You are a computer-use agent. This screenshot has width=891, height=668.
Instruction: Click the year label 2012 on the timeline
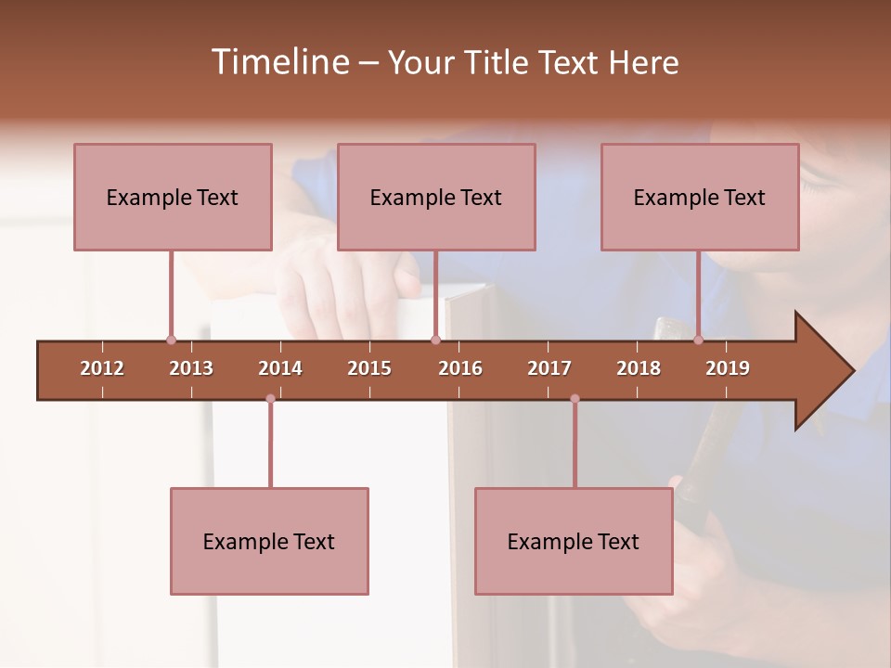(x=102, y=368)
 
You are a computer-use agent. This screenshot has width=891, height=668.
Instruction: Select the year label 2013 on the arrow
(x=191, y=368)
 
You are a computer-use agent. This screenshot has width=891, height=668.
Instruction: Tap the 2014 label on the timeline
(x=280, y=368)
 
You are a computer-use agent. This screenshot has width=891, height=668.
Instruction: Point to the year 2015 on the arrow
(x=369, y=368)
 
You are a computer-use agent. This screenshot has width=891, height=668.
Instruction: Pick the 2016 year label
(x=460, y=368)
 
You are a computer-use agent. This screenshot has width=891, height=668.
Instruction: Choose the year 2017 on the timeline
(x=549, y=368)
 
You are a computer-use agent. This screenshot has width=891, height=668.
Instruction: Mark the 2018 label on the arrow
(x=639, y=368)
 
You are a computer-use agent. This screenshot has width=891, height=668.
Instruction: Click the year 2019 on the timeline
(x=728, y=368)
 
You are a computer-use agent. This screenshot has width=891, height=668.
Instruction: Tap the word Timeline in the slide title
(x=278, y=62)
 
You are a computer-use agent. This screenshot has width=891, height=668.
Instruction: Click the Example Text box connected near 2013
(x=173, y=197)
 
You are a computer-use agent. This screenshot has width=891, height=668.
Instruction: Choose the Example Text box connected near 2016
(x=436, y=197)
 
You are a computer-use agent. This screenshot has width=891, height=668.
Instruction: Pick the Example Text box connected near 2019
(x=700, y=197)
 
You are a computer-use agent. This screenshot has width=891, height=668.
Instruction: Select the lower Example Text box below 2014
(x=269, y=541)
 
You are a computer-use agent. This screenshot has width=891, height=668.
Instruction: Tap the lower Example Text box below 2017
(x=574, y=541)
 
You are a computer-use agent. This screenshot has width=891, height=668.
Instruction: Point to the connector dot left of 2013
(x=171, y=340)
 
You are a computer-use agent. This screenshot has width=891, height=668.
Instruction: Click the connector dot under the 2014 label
(x=270, y=398)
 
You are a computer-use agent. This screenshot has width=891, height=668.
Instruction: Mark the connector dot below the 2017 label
(x=575, y=398)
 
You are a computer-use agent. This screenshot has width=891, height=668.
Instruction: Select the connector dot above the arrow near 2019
(x=698, y=340)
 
